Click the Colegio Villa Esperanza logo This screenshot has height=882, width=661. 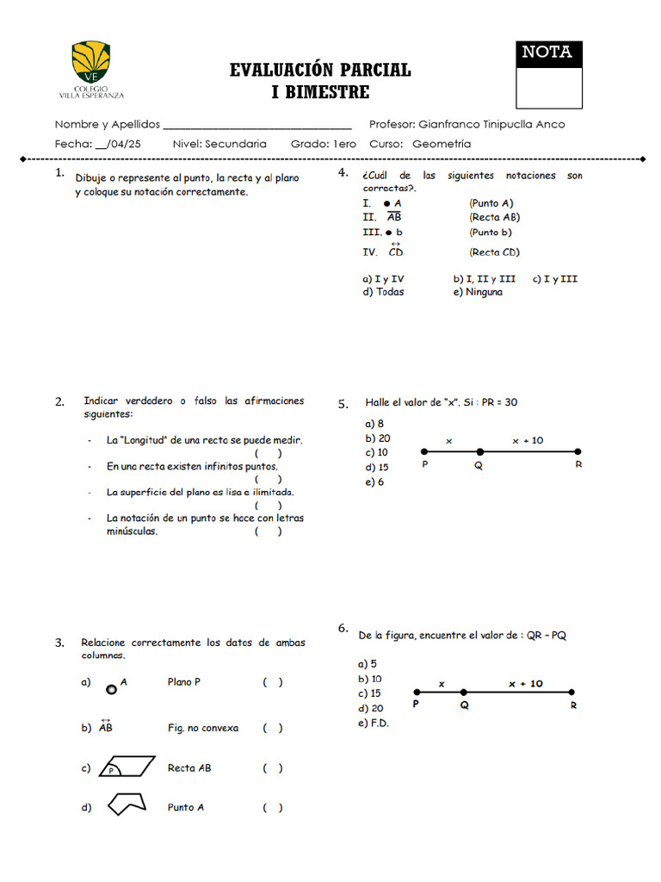tap(92, 70)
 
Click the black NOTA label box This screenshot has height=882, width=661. tap(548, 53)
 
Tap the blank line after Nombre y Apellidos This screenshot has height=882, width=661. tap(257, 125)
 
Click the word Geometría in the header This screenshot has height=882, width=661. tap(442, 144)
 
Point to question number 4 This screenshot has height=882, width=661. tap(343, 173)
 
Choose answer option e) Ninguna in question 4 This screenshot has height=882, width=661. tap(478, 292)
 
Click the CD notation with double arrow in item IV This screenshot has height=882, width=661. tap(395, 252)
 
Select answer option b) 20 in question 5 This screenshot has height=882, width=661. tap(378, 438)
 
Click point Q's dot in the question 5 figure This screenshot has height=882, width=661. tap(480, 451)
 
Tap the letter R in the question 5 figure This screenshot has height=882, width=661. tap(578, 465)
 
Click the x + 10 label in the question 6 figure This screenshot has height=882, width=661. tap(525, 684)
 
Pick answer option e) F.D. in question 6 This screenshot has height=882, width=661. tap(374, 723)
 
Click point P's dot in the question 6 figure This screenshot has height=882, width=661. tap(417, 692)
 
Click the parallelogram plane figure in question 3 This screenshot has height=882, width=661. tap(127, 767)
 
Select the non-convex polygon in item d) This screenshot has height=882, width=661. tap(126, 805)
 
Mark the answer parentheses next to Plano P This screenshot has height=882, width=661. tap(273, 682)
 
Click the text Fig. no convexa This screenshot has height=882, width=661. tap(203, 728)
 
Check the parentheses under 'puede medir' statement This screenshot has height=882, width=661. tap(268, 453)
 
